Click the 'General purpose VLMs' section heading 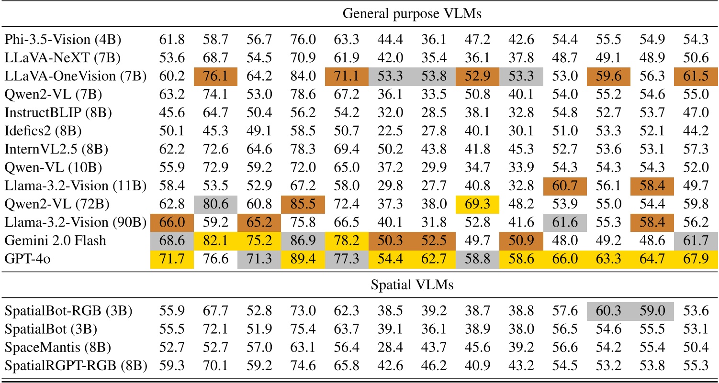click(x=412, y=13)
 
